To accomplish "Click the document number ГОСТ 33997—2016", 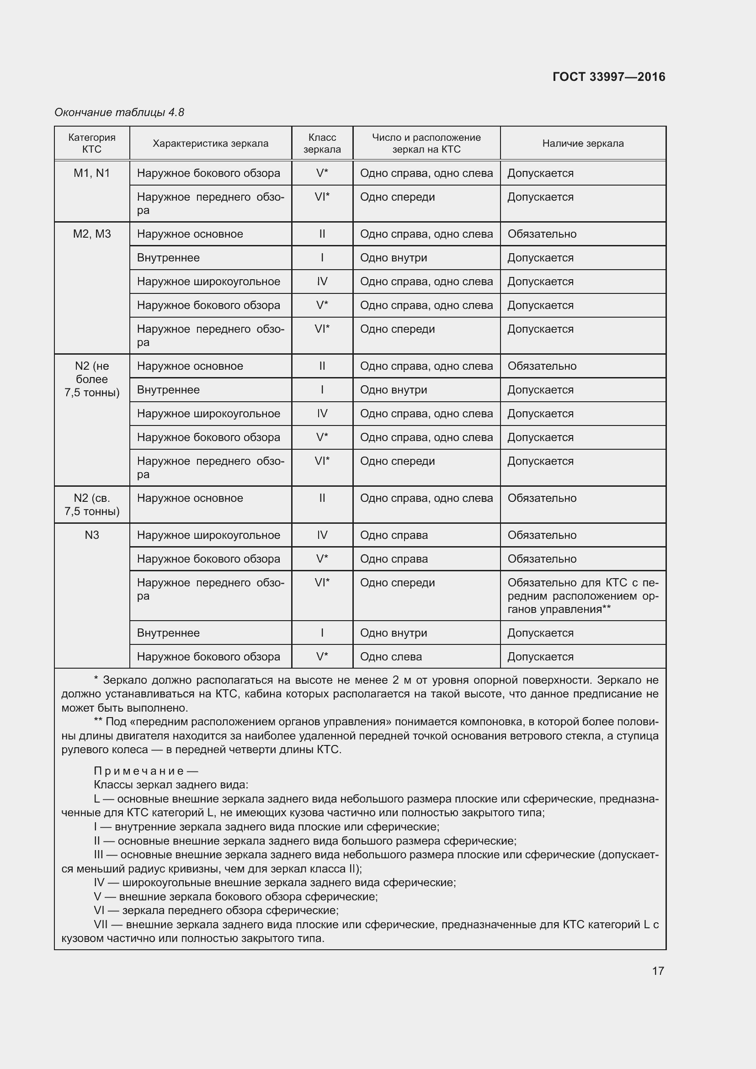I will click(x=608, y=77).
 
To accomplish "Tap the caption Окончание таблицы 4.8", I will click(x=119, y=112).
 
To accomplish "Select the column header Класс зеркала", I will click(x=322, y=144).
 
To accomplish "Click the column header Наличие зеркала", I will click(x=582, y=144).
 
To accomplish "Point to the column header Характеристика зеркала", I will click(x=210, y=144).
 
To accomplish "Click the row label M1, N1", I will click(x=92, y=173).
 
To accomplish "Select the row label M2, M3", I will click(x=92, y=234).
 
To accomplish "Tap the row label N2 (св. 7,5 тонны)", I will click(x=92, y=504).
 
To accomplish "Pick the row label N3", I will click(x=92, y=535).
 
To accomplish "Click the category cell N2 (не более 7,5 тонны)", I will click(x=92, y=379).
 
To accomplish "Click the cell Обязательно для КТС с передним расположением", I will click(x=582, y=596).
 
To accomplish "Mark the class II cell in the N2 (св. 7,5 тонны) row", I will click(x=322, y=498).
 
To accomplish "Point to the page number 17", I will click(x=657, y=971).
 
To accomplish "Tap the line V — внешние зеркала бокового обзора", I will click(x=235, y=896).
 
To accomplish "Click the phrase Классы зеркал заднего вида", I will click(x=171, y=785).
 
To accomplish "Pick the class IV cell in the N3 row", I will click(x=322, y=535).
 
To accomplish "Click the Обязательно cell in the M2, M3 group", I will click(x=542, y=234).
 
